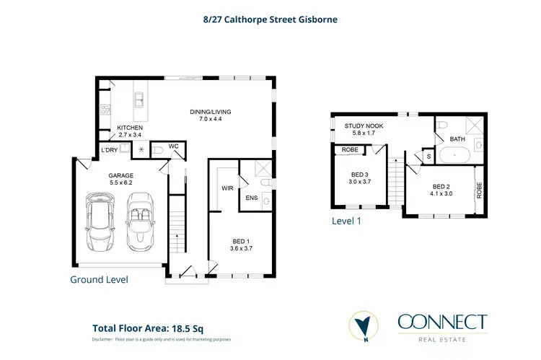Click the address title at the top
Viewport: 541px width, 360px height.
pyautogui.click(x=270, y=19)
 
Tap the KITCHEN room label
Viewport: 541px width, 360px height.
pyautogui.click(x=131, y=127)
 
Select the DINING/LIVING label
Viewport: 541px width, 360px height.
pyautogui.click(x=211, y=112)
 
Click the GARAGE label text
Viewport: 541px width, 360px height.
pyautogui.click(x=120, y=175)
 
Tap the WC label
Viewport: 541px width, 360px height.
pyautogui.click(x=173, y=146)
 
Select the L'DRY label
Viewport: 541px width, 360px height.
pyautogui.click(x=109, y=149)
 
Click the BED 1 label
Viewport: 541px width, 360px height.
pyautogui.click(x=242, y=241)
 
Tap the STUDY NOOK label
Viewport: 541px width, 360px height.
pyautogui.click(x=364, y=126)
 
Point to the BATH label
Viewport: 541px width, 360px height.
pyautogui.click(x=457, y=139)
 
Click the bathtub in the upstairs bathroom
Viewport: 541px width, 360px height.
pyautogui.click(x=454, y=154)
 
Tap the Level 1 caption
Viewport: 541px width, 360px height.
pyautogui.click(x=346, y=221)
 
